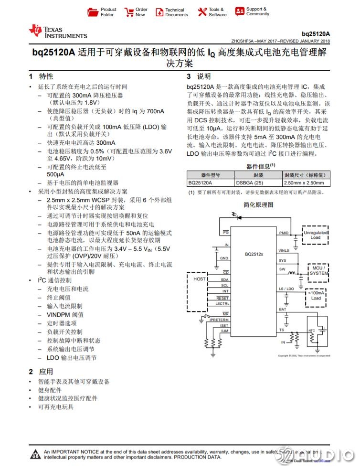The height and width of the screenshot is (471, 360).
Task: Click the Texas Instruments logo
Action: (x=58, y=32)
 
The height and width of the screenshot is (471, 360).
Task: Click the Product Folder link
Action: (x=103, y=12)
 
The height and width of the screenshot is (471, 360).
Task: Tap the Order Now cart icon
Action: (x=129, y=12)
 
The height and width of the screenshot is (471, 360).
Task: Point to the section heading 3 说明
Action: (x=198, y=76)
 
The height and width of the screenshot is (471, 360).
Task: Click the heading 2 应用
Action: (x=41, y=371)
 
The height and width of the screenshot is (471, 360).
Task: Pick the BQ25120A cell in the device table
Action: (x=201, y=182)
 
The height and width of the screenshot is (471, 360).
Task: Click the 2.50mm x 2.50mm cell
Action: (x=304, y=182)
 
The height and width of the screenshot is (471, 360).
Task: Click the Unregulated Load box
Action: (x=315, y=235)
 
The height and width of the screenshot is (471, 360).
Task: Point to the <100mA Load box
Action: (x=316, y=295)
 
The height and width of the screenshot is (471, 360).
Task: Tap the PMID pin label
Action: (x=284, y=233)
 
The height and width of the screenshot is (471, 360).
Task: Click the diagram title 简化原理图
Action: (x=258, y=204)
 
